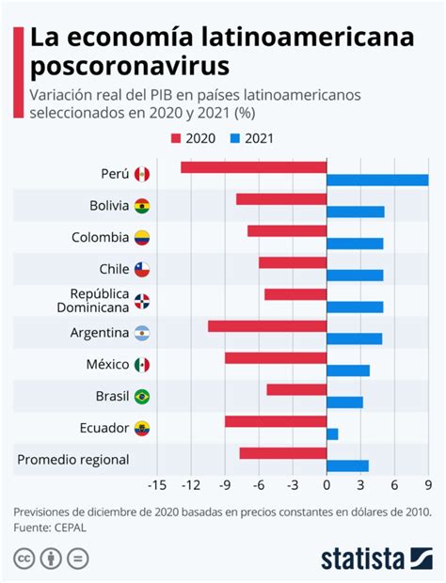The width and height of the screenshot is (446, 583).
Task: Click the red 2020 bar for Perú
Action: [x=253, y=167]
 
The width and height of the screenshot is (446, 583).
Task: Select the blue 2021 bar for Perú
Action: [x=376, y=180]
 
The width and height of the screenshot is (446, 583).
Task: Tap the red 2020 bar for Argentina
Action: [x=267, y=326]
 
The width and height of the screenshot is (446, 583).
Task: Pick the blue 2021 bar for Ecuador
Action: [x=332, y=433]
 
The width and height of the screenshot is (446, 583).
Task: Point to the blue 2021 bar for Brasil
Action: [x=344, y=402]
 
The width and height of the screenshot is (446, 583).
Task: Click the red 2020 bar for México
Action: [x=276, y=358]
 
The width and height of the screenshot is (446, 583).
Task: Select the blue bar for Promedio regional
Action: [x=347, y=465]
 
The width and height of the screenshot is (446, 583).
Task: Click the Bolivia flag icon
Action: [x=142, y=206]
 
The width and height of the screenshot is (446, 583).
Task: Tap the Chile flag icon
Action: [x=142, y=270]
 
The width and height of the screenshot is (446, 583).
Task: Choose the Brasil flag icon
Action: [x=142, y=396]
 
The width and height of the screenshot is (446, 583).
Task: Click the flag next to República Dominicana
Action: [x=142, y=301]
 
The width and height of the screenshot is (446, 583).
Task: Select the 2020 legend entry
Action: [x=193, y=139]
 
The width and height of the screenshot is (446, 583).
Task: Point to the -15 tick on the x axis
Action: [x=157, y=485]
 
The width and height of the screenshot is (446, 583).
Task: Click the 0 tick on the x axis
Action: [x=327, y=485]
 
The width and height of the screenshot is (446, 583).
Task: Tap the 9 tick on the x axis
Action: [x=428, y=485]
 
